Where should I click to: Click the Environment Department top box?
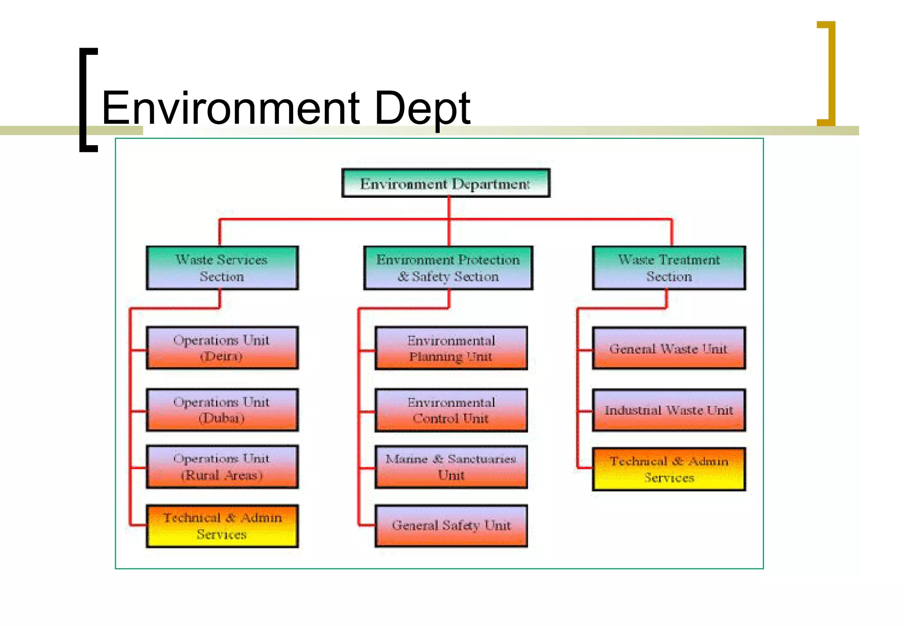click(x=446, y=183)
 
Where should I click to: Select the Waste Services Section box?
click(x=222, y=268)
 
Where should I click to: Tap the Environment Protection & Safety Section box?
click(x=448, y=268)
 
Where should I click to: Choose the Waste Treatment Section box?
click(x=669, y=268)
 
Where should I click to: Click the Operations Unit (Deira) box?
click(x=222, y=348)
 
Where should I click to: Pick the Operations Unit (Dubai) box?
click(x=222, y=410)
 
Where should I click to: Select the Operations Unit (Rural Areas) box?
click(x=222, y=467)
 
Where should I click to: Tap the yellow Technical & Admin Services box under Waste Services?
click(x=222, y=526)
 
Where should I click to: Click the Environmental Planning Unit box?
click(x=451, y=348)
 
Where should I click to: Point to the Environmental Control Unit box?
click(x=451, y=410)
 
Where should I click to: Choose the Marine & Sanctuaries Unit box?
click(x=451, y=467)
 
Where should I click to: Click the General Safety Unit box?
click(x=451, y=525)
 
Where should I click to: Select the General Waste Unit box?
click(x=669, y=348)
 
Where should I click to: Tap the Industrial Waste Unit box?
click(x=669, y=410)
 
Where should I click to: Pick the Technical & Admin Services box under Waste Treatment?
click(x=669, y=469)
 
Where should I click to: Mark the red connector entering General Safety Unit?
click(x=366, y=525)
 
